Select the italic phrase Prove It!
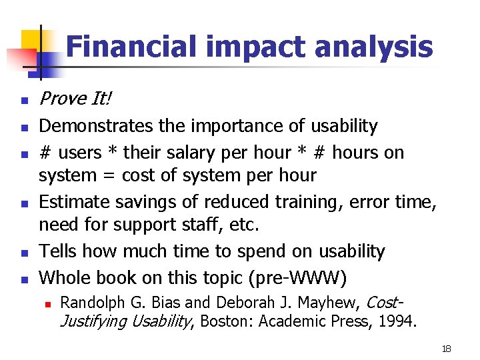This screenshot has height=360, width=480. coord(75,99)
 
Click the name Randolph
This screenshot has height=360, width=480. coord(89,303)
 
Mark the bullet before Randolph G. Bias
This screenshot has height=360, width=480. coord(47,304)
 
